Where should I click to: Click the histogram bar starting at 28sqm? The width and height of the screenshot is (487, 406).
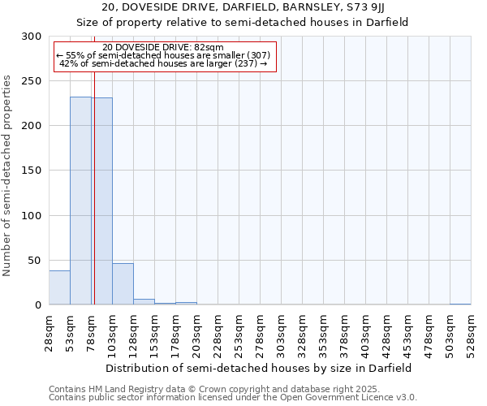pos(59,288)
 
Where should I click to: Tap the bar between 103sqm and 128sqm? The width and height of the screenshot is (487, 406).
pos(123,284)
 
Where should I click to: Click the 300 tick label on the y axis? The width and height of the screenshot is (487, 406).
pos(32,37)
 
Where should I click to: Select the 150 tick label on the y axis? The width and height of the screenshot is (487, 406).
pos(32,171)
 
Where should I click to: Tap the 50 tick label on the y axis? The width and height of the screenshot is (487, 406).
pos(35,261)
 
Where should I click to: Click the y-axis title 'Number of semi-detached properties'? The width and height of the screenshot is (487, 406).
pos(8,175)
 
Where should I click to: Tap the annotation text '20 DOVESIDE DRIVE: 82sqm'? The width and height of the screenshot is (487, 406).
pos(164,48)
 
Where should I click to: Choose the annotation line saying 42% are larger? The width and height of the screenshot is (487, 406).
pos(164,63)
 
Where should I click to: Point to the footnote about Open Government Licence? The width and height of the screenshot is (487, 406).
pos(233,397)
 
